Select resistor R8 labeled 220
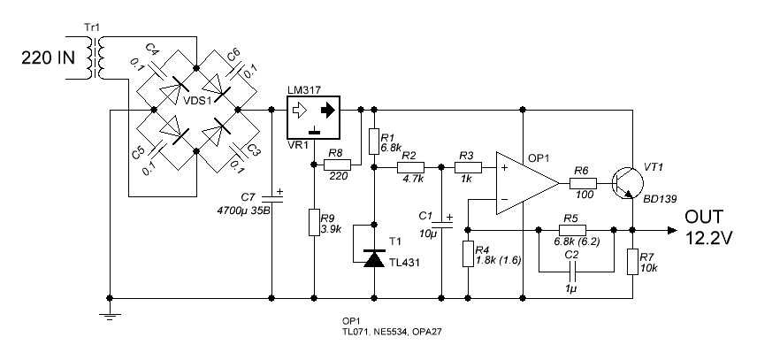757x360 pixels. tap(337, 165)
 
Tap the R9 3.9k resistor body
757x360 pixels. tap(314, 223)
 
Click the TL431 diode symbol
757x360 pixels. tap(374, 258)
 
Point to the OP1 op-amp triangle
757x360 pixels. tap(527, 183)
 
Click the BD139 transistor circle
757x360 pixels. tap(628, 183)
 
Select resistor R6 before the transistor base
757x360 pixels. tap(583, 183)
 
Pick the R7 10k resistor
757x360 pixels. tap(632, 262)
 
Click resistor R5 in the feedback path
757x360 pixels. tap(572, 230)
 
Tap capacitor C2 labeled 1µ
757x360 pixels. tap(572, 272)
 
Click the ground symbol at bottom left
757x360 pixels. tap(110, 317)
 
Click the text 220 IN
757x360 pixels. tap(49, 57)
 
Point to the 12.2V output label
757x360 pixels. tap(709, 238)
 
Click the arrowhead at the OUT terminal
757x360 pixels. tap(672, 230)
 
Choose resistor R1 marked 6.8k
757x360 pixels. tap(374, 141)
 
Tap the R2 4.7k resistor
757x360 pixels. tap(411, 167)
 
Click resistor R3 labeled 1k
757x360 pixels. tap(469, 167)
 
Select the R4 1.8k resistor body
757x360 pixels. tap(468, 254)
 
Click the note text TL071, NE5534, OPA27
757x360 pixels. tap(392, 332)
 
